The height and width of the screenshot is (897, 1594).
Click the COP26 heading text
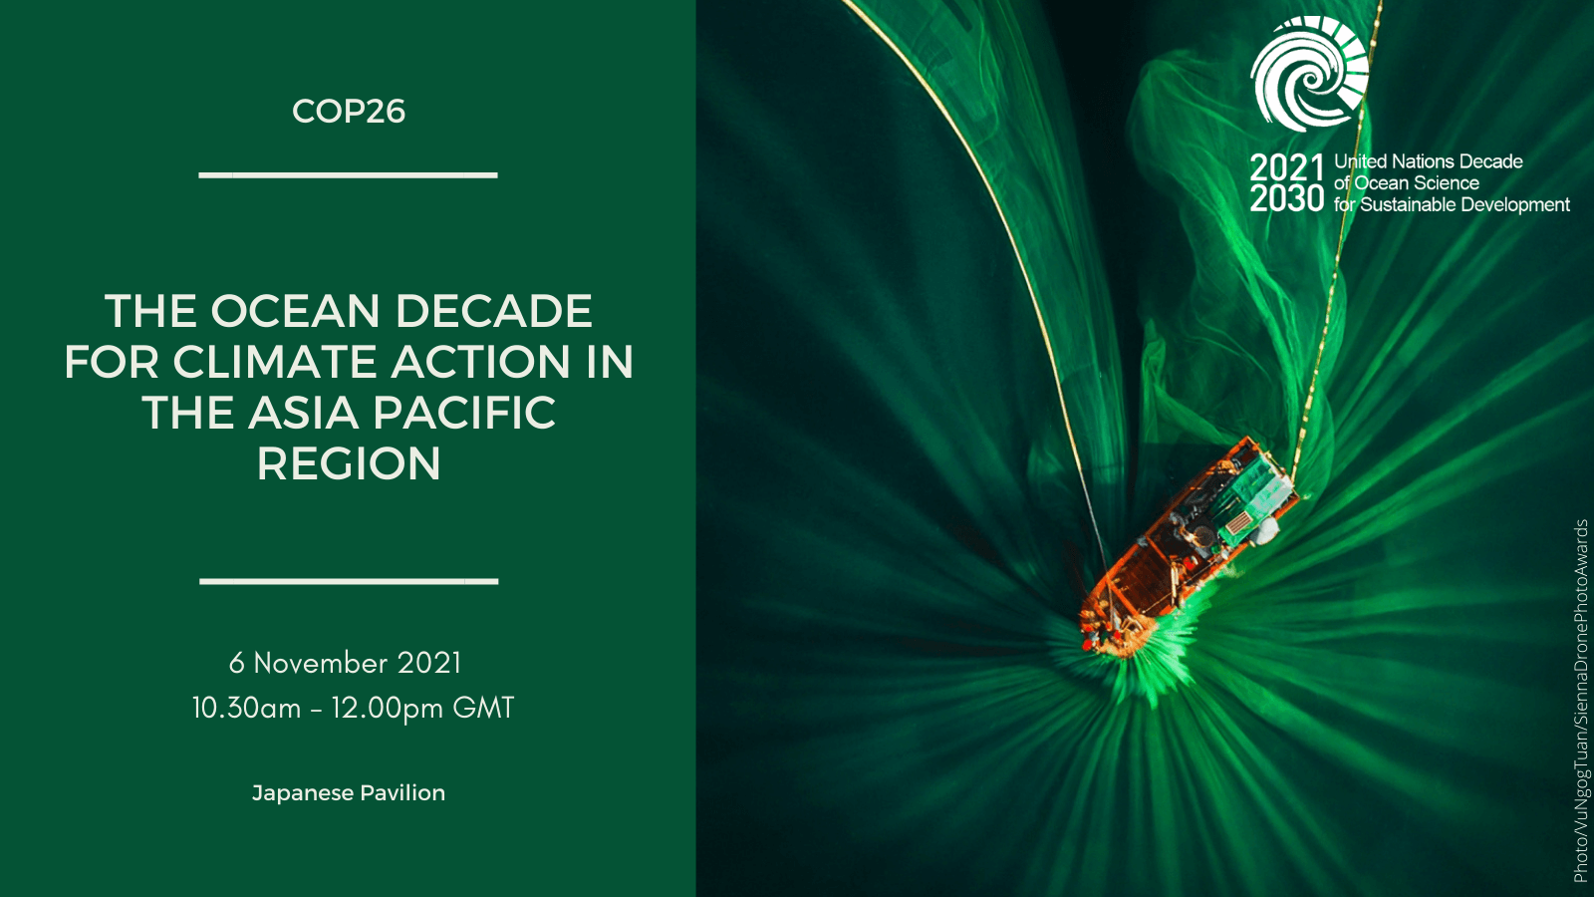349,112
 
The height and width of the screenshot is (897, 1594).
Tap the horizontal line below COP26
348,174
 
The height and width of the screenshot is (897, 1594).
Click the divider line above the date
349,581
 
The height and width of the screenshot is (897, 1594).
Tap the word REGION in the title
349,464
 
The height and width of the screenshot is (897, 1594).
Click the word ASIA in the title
303,413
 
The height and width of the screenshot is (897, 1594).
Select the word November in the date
321,664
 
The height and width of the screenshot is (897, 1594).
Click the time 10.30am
246,709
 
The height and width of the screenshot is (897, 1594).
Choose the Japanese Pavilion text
349,793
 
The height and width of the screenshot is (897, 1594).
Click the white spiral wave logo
1309,74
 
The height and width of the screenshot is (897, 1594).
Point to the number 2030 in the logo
1286,198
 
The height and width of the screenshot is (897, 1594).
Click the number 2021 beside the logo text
1286,168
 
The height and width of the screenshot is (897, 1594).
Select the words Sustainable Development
1465,205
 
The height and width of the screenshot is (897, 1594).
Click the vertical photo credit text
1580,701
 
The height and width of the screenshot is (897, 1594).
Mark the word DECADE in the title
493,311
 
